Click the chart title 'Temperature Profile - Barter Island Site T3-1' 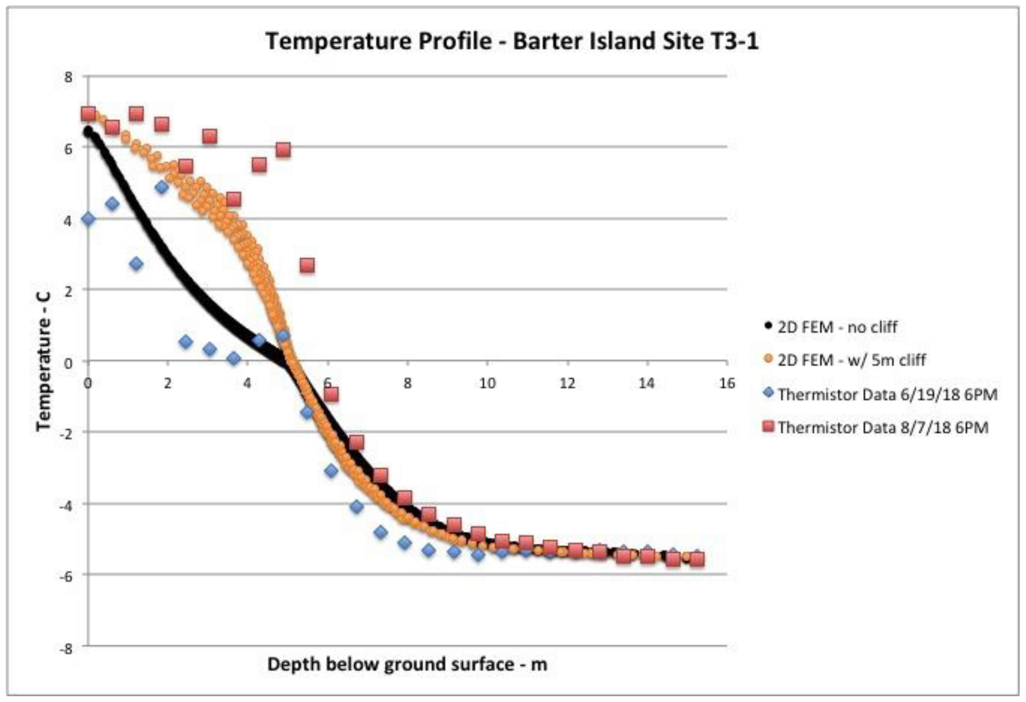click(512, 41)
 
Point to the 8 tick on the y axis click(69, 77)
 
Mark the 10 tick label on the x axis click(487, 383)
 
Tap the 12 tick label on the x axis click(567, 383)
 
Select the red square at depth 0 click(88, 114)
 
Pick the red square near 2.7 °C click(307, 265)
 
